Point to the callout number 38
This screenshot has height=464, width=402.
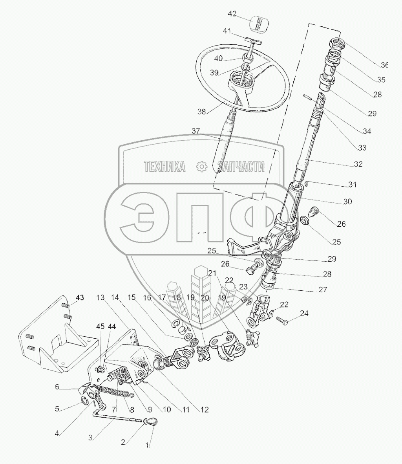[202, 111]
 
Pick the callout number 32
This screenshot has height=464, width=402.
[358, 164]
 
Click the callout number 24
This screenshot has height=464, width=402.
[304, 313]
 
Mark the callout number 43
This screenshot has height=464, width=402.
[80, 297]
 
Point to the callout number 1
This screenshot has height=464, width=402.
[148, 446]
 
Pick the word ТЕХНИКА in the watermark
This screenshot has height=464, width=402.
[165, 167]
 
